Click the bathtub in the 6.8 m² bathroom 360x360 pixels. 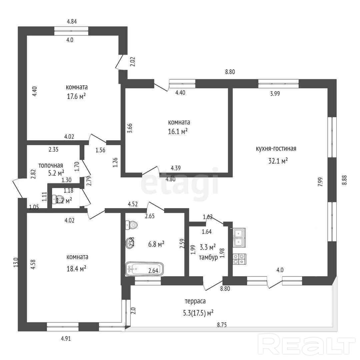pyautogui.click(x=144, y=269)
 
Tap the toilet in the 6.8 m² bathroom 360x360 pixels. pyautogui.click(x=131, y=225)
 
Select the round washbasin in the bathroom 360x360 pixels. pyautogui.click(x=130, y=242)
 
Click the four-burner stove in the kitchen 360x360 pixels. pyautogui.click(x=239, y=259)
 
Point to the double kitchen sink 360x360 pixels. pyautogui.click(x=239, y=238)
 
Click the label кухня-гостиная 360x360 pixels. pyautogui.click(x=276, y=149)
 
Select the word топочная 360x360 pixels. pyautogui.click(x=51, y=165)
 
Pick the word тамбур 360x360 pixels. pyautogui.click(x=208, y=257)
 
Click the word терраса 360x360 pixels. pyautogui.click(x=195, y=301)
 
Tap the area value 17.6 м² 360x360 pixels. pyautogui.click(x=76, y=96)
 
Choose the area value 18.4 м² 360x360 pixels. pyautogui.click(x=76, y=268)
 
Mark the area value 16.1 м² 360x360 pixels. pyautogui.click(x=178, y=132)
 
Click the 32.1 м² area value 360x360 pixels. pyautogui.click(x=278, y=161)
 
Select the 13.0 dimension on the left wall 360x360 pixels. pyautogui.click(x=16, y=262)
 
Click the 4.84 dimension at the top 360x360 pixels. pyautogui.click(x=72, y=21)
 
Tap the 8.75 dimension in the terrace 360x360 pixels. pyautogui.click(x=222, y=325)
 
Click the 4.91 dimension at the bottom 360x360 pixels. pyautogui.click(x=66, y=338)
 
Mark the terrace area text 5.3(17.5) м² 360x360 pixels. pyautogui.click(x=198, y=313)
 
